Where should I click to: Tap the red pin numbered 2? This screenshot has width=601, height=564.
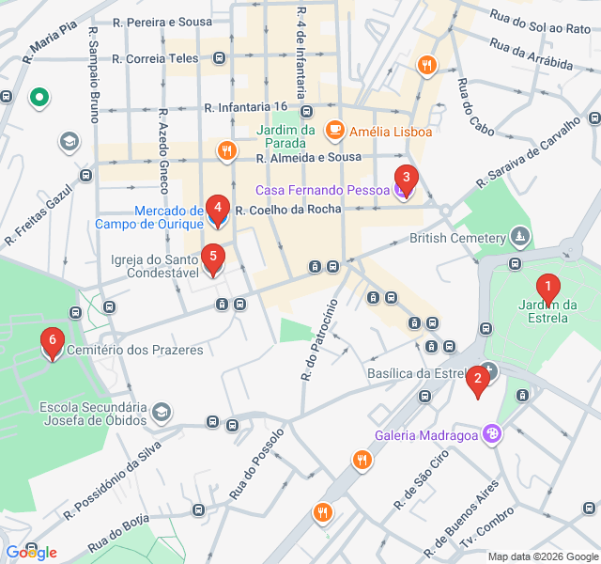click(478, 380)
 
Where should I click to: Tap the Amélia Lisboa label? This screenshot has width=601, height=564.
click(390, 131)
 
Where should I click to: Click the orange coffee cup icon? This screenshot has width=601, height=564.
click(333, 130)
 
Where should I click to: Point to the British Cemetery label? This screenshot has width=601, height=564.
click(457, 238)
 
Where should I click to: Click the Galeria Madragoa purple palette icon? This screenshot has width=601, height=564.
click(492, 433)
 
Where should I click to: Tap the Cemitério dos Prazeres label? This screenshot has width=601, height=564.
click(135, 350)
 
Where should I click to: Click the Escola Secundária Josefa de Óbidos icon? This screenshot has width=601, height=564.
click(162, 413)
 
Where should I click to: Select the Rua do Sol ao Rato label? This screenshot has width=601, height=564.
click(540, 21)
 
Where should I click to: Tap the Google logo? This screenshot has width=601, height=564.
click(30, 553)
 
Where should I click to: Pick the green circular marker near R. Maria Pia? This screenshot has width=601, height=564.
click(39, 96)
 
